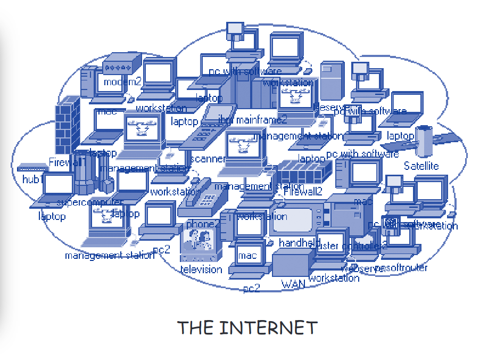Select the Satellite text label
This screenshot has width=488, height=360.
coord(421,166)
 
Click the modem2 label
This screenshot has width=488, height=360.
coord(122,82)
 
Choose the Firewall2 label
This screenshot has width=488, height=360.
coord(303,191)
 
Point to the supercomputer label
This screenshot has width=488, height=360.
coord(89,202)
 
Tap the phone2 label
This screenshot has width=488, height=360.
coord(203,224)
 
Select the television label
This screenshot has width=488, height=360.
coord(201,269)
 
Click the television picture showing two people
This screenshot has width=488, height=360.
coord(201,244)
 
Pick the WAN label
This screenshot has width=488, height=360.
coord(293,284)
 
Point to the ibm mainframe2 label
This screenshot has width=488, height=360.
coord(253,119)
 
